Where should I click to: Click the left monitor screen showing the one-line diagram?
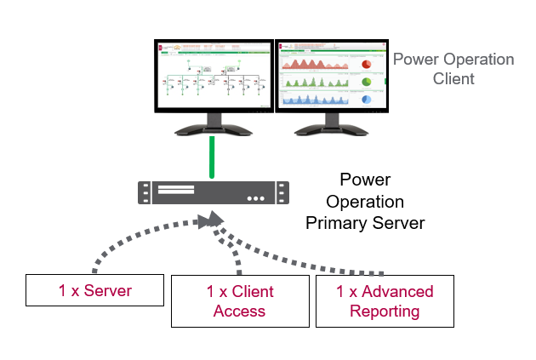(x=213, y=76)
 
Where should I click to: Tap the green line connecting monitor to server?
(x=214, y=158)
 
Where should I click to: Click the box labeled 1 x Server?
(x=95, y=290)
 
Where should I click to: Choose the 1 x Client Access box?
(x=240, y=301)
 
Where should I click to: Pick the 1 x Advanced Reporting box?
(x=385, y=301)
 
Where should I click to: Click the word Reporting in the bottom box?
(x=385, y=311)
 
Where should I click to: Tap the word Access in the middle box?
(x=240, y=311)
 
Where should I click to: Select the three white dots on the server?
(x=256, y=198)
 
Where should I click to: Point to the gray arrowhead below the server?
(x=207, y=220)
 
